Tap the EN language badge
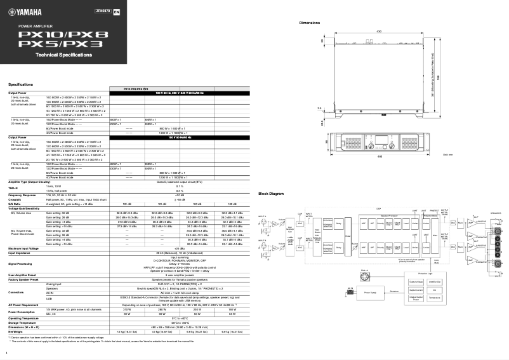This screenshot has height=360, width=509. [116, 11]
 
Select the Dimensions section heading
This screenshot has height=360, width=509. [310, 23]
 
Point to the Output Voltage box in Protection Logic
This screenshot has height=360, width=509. [416, 282]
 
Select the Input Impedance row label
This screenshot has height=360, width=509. [21, 252]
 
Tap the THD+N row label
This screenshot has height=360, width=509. [14, 190]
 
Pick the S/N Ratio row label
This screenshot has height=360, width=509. [16, 203]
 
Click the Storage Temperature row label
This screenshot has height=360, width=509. [24, 323]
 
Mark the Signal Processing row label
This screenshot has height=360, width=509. [22, 262]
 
